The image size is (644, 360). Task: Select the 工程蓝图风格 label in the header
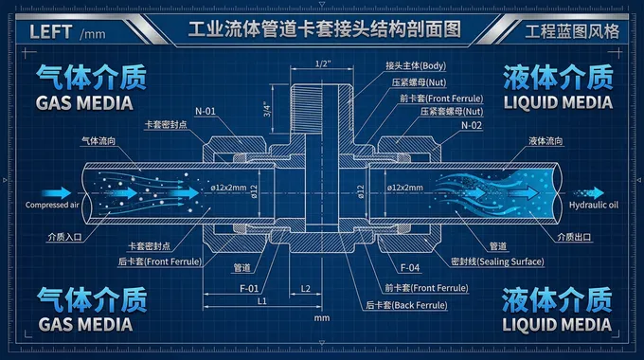click(x=573, y=30)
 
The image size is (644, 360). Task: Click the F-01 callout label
click(x=249, y=286)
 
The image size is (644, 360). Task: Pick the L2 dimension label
click(x=306, y=286)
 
